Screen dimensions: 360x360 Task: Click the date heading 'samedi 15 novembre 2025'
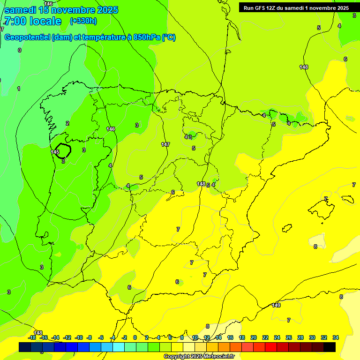tap(61, 10)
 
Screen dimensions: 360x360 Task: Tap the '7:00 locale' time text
tap(33, 21)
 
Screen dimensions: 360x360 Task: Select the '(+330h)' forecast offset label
tap(83, 21)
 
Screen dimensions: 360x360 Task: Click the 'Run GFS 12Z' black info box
tap(296, 7)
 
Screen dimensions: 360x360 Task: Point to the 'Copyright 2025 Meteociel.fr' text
tap(199, 357)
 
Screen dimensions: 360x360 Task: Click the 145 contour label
tap(55, 152)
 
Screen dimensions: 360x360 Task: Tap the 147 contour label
tap(165, 144)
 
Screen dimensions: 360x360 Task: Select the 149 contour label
tap(276, 305)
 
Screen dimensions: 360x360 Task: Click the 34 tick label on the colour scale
tap(335, 337)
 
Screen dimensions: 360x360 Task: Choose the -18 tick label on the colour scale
tap(32, 337)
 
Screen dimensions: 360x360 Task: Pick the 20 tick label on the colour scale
tap(254, 337)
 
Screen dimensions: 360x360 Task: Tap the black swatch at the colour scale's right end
tap(330, 347)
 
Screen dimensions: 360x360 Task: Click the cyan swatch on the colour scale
tap(119, 347)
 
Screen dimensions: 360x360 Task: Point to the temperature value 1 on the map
tap(19, 89)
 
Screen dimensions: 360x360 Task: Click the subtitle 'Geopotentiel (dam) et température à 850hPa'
tap(89, 37)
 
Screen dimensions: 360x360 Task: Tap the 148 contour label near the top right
tap(304, 67)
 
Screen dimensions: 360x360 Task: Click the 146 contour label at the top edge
tap(48, 4)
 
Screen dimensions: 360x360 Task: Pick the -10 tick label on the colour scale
tap(78, 337)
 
